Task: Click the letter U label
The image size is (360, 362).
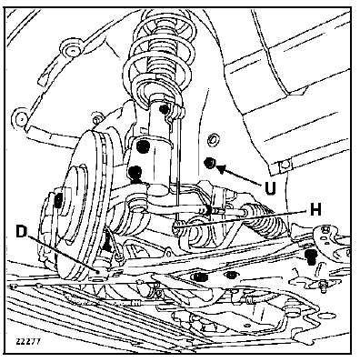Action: coord(270,188)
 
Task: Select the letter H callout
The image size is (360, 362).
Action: coord(315,209)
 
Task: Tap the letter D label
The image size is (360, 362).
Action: coord(21,232)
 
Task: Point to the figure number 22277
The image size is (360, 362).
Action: coord(28,341)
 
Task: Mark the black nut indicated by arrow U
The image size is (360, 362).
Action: coord(209,163)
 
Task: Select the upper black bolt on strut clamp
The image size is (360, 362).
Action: coord(144,146)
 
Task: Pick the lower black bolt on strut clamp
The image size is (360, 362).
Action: coord(135,173)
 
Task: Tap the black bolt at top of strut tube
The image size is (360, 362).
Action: coord(165,109)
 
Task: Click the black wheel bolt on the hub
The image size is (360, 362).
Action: coord(58,199)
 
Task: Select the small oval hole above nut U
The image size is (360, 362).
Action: coord(212,140)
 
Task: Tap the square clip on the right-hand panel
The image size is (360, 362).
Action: coord(285,166)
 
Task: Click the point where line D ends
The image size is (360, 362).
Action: coord(98,272)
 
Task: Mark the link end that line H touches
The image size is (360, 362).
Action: coord(177,225)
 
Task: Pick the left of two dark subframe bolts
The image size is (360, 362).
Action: coord(199,277)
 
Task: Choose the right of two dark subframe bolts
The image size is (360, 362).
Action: coord(231,275)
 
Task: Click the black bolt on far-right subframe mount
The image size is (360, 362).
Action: coord(311,256)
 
